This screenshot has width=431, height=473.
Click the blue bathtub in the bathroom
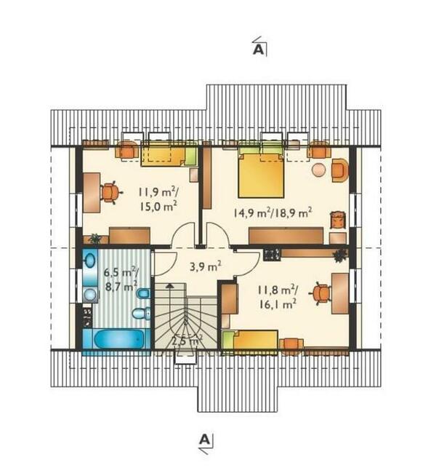(118, 339)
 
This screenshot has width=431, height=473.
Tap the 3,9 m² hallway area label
(206, 266)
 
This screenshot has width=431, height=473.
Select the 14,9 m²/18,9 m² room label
(273, 212)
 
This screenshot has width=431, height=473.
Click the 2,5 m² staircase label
(187, 341)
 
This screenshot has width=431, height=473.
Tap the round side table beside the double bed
(318, 170)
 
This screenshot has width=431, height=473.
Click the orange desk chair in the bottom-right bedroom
(321, 293)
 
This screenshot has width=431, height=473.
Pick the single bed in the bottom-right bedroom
(250, 342)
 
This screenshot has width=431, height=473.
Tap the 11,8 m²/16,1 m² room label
(278, 297)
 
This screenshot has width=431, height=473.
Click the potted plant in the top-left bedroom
(95, 238)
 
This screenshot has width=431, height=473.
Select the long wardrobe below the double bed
(286, 236)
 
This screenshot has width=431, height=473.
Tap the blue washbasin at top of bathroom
(90, 261)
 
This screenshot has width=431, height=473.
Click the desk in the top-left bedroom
(92, 192)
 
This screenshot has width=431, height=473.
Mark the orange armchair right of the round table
(339, 170)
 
